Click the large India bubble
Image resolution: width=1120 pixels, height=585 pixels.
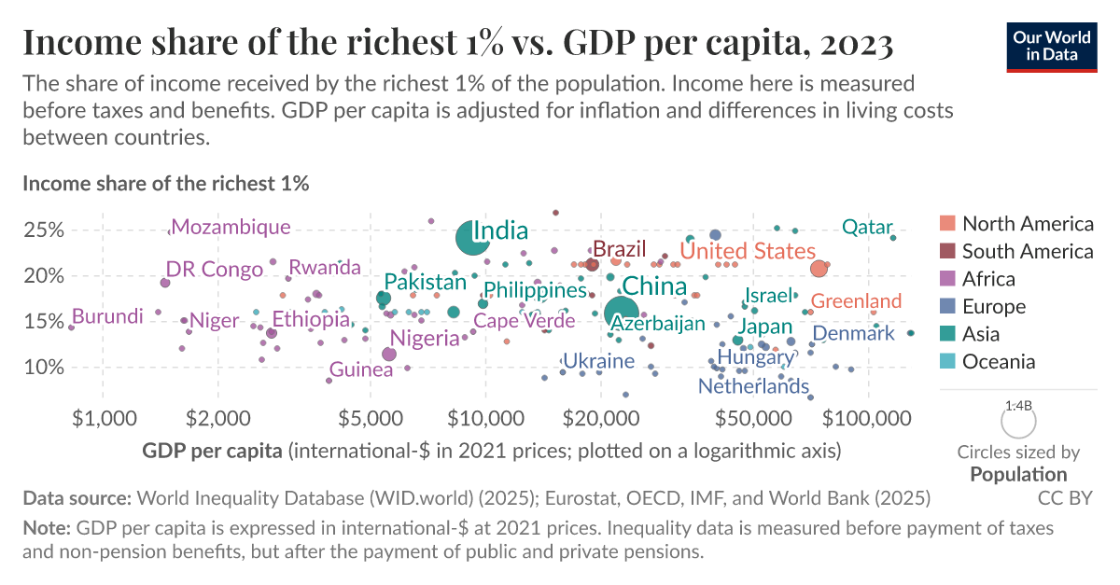473,239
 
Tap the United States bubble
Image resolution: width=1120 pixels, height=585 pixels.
819,269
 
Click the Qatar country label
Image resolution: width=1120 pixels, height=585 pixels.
867,227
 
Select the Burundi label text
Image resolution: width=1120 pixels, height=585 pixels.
107,316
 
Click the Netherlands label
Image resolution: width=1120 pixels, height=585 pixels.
753,385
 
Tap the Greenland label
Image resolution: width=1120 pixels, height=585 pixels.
856,300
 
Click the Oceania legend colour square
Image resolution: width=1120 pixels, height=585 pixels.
948,362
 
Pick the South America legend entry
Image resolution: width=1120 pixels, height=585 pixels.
1027,251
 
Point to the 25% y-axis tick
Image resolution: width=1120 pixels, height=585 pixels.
42,230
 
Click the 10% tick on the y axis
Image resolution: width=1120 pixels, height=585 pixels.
42,368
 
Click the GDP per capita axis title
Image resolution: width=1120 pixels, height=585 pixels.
212,452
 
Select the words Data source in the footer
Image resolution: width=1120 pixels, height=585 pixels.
77,497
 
